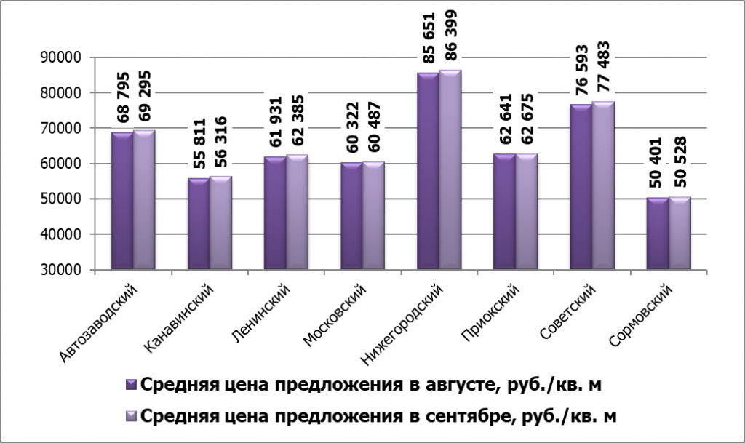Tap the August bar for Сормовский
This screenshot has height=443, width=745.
(x=657, y=234)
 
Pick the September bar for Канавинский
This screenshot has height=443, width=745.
(x=220, y=223)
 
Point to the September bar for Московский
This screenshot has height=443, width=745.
(x=373, y=216)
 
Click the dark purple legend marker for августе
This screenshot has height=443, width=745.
(x=131, y=383)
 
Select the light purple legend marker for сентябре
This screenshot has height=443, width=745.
(x=131, y=415)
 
